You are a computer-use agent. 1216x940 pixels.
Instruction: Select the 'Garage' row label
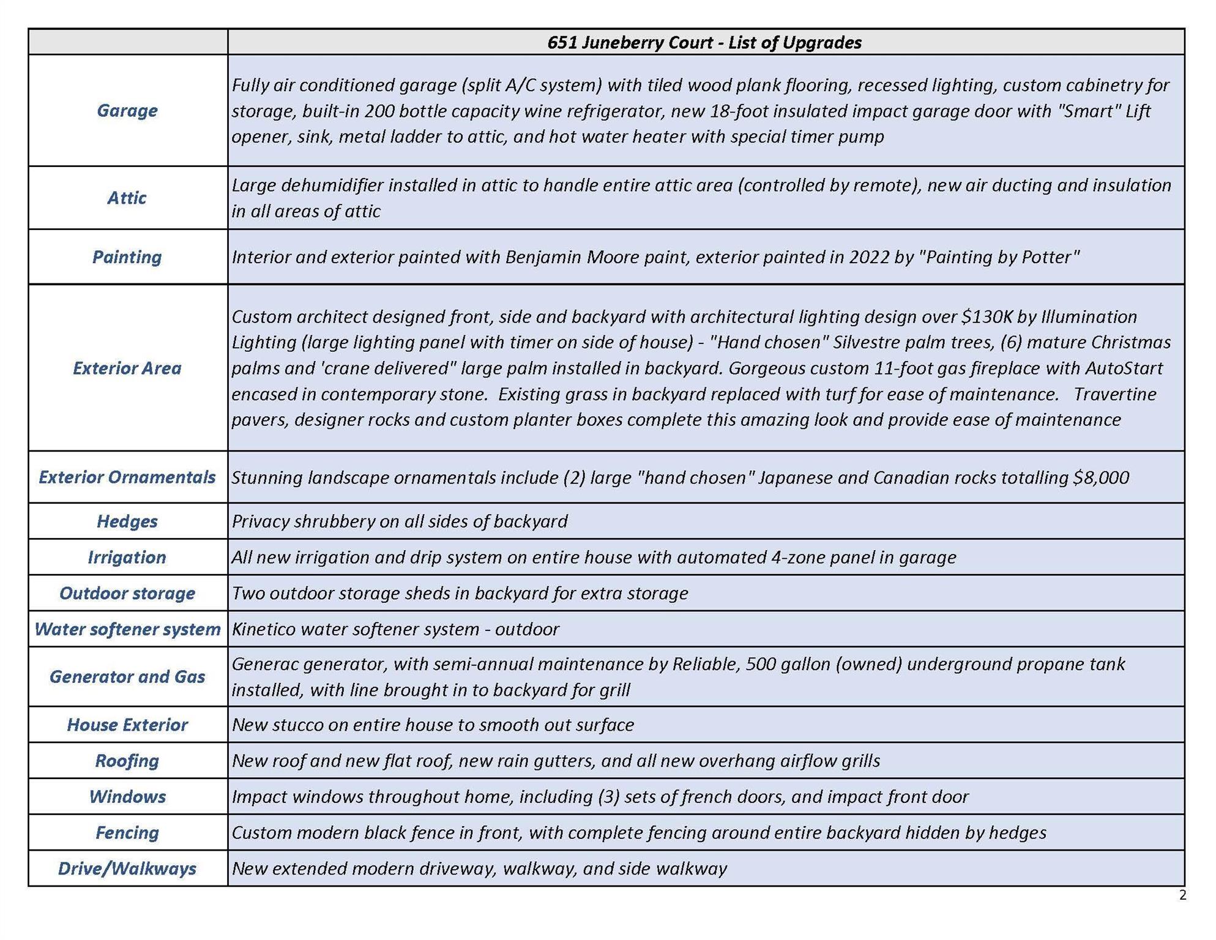(x=127, y=110)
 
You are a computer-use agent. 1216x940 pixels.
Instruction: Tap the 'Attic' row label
(x=127, y=198)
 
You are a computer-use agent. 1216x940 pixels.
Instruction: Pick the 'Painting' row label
(x=127, y=256)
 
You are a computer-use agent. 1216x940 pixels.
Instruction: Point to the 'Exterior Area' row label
(x=127, y=368)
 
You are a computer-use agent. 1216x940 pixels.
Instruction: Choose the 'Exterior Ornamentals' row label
(x=127, y=477)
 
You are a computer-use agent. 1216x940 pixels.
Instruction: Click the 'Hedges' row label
(x=127, y=521)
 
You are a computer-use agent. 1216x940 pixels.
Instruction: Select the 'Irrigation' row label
(x=127, y=557)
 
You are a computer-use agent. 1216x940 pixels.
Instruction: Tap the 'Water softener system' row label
(x=127, y=629)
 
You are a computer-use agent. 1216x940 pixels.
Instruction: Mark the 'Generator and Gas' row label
(x=127, y=676)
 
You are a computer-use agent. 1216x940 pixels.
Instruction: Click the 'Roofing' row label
(x=127, y=760)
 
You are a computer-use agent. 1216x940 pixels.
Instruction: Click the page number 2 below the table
(x=1182, y=895)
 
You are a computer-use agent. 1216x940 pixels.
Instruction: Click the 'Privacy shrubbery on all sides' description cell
(x=400, y=521)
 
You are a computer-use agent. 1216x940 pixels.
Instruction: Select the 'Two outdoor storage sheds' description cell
(x=460, y=593)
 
